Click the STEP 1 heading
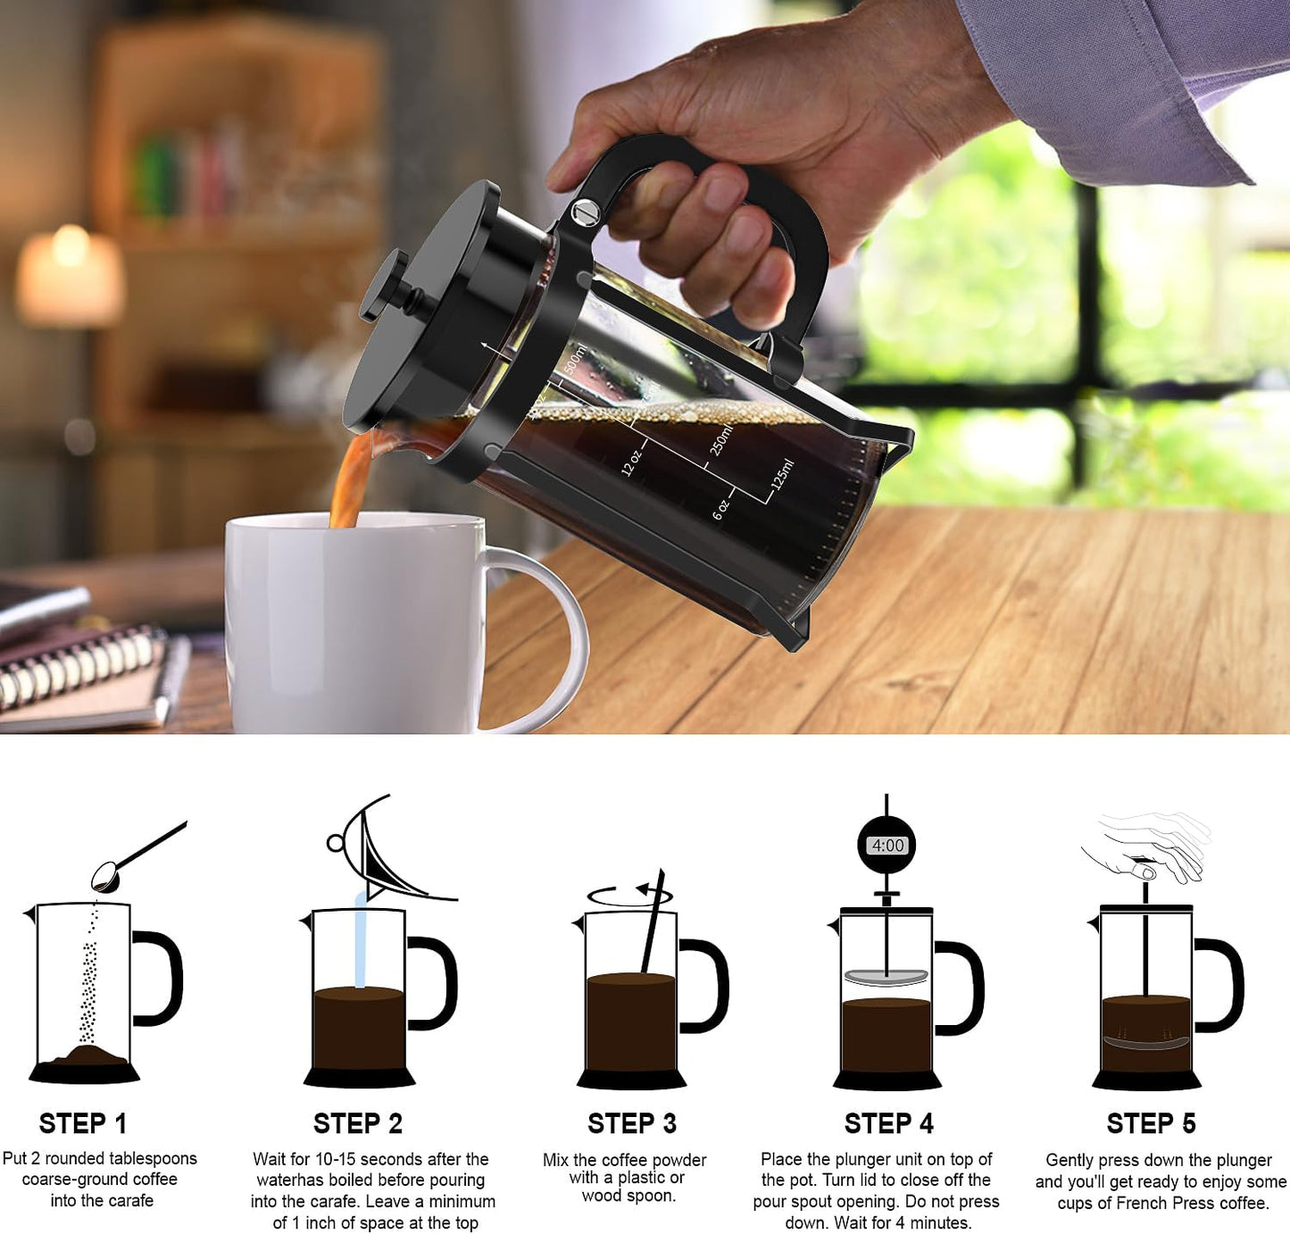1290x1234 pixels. [x=83, y=1122]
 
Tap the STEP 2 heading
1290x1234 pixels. [x=357, y=1122]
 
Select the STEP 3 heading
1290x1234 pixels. [x=631, y=1122]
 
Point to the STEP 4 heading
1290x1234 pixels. [x=888, y=1123]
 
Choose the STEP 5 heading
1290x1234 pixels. [x=1151, y=1123]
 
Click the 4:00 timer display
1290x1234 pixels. [x=887, y=845]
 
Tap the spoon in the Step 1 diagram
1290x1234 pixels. [x=134, y=857]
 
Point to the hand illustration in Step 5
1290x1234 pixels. [x=1152, y=845]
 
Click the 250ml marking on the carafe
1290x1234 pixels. [x=721, y=439]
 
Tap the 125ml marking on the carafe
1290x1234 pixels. [x=782, y=474]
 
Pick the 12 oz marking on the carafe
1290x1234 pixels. [x=631, y=462]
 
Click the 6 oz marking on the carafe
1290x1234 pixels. [x=721, y=509]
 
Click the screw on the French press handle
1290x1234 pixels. [x=586, y=213]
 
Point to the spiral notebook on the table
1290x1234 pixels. [x=80, y=670]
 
